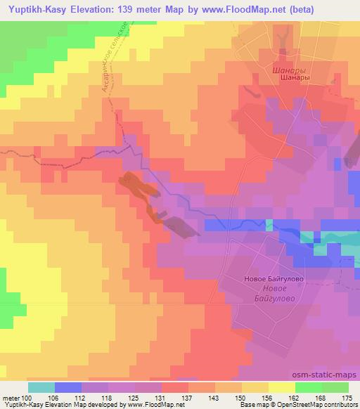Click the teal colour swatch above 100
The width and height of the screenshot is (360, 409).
pos(41,387)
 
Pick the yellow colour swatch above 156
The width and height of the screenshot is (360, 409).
pos(282,387)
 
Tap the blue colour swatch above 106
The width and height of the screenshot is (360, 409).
pos(68,387)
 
